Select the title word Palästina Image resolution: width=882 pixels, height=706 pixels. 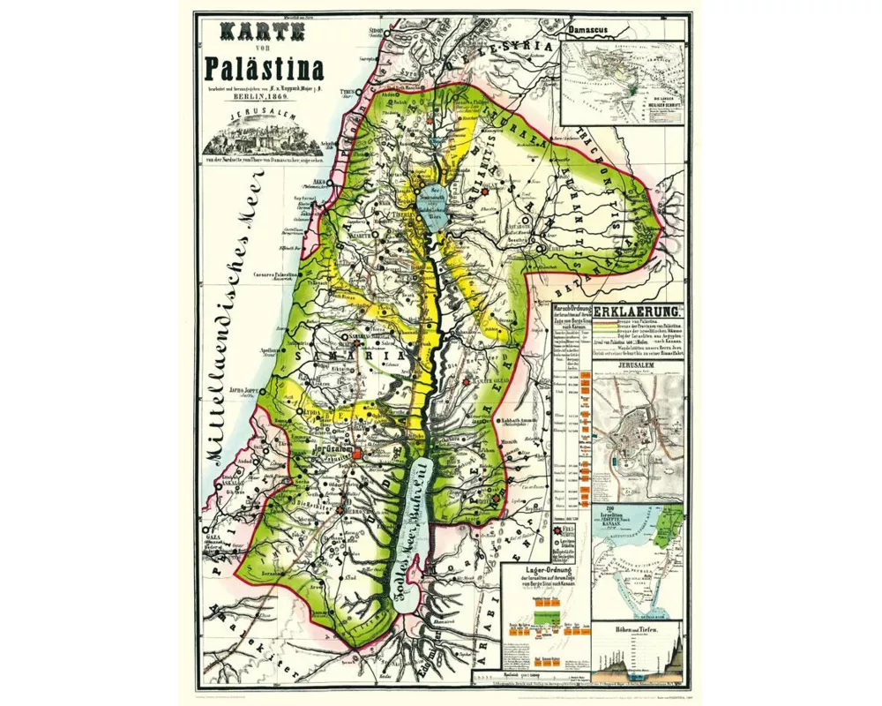(264, 68)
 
